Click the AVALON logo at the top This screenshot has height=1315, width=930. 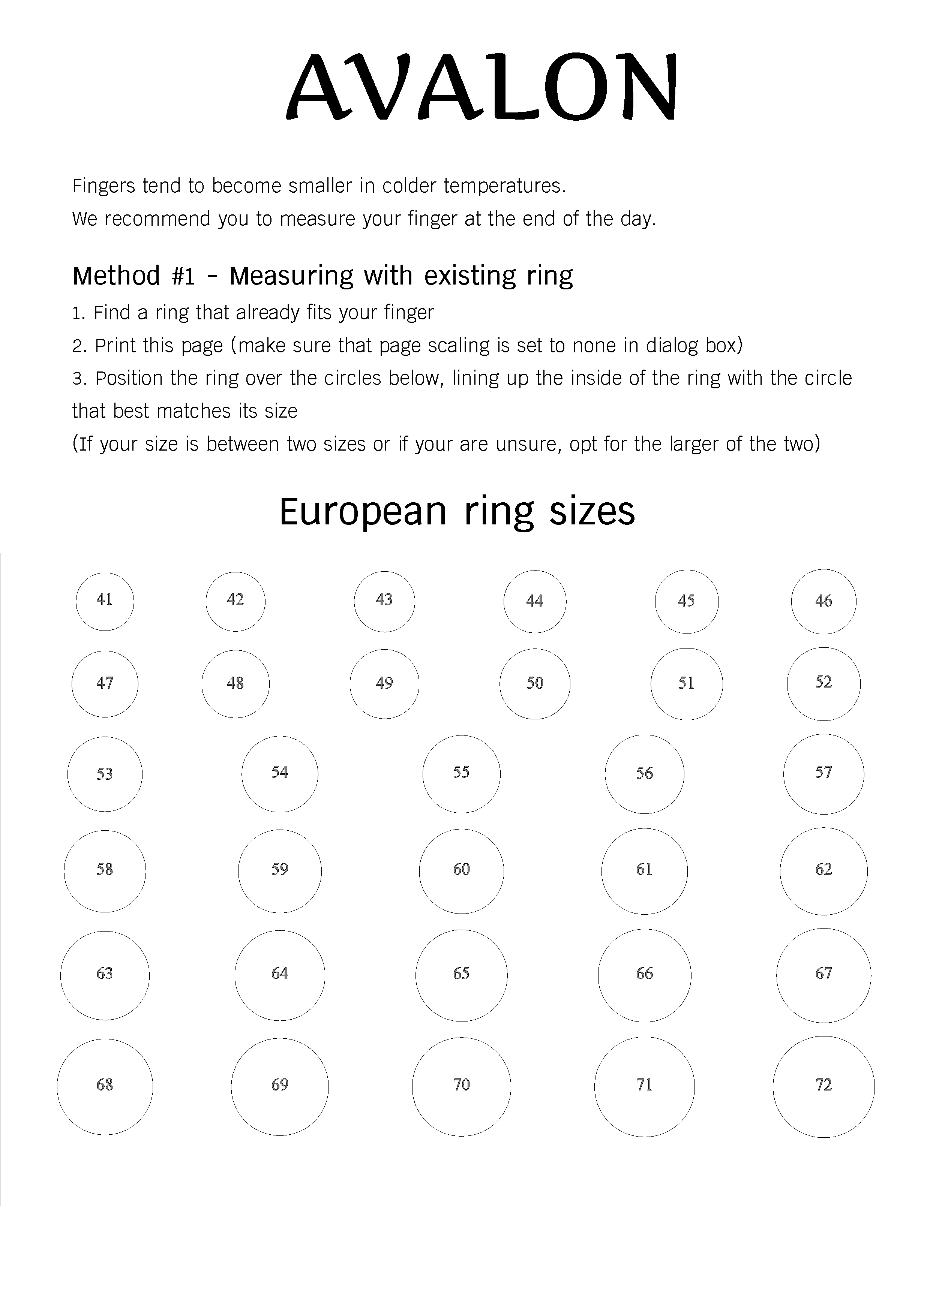tap(481, 87)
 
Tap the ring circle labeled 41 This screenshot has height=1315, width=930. tap(105, 601)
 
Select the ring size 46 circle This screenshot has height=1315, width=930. tap(823, 601)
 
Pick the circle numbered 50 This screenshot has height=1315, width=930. tap(535, 683)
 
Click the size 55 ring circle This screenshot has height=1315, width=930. tap(461, 774)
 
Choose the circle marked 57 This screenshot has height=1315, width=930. tap(823, 774)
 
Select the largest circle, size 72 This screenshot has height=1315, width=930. tap(823, 1086)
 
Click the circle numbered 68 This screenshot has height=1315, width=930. tap(105, 1086)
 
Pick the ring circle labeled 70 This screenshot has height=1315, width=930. tap(461, 1086)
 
